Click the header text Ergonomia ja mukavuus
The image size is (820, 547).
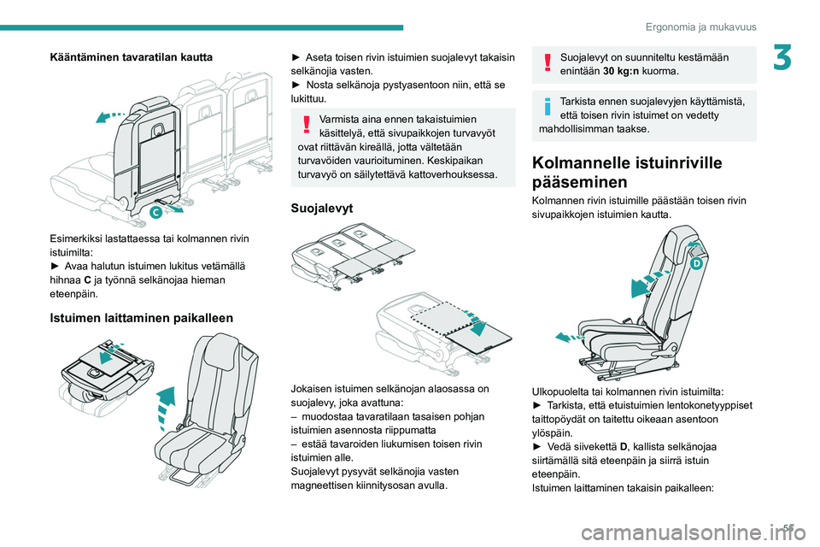click(700, 26)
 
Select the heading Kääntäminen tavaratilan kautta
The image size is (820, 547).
click(132, 57)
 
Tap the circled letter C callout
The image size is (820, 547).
click(155, 212)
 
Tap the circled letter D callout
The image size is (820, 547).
click(696, 264)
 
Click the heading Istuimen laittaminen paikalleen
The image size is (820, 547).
click(141, 318)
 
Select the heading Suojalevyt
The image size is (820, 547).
click(322, 208)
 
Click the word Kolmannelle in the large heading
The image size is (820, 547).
click(582, 162)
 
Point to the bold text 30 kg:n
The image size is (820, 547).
click(621, 71)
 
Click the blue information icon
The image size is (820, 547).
click(548, 106)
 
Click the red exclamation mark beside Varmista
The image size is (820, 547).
click(307, 124)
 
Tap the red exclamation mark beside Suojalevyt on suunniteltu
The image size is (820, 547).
click(548, 62)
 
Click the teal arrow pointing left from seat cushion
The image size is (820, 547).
click(570, 338)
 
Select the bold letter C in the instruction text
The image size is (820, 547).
click(87, 280)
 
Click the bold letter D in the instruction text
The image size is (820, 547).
click(624, 447)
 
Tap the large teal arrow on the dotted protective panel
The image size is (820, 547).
click(477, 326)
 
